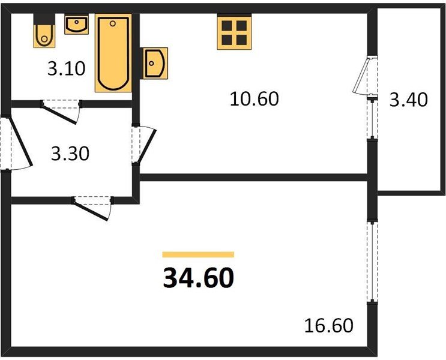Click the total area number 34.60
pyautogui.click(x=197, y=278)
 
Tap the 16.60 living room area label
pyautogui.click(x=328, y=326)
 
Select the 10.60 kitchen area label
pyautogui.click(x=255, y=98)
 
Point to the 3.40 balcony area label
pyautogui.click(x=408, y=99)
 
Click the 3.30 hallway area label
pyautogui.click(x=70, y=154)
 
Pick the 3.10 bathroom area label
pyautogui.click(x=67, y=69)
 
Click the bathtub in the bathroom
pyautogui.click(x=113, y=54)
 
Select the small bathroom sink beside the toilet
pyautogui.click(x=76, y=25)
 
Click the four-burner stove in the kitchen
pyautogui.click(x=233, y=32)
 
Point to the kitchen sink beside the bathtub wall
pyautogui.click(x=155, y=62)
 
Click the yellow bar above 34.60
pyautogui.click(x=197, y=254)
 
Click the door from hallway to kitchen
pyautogui.click(x=144, y=144)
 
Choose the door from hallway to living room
pyautogui.click(x=93, y=207)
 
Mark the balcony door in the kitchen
pyautogui.click(x=366, y=75)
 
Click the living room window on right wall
pyautogui.click(x=373, y=261)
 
